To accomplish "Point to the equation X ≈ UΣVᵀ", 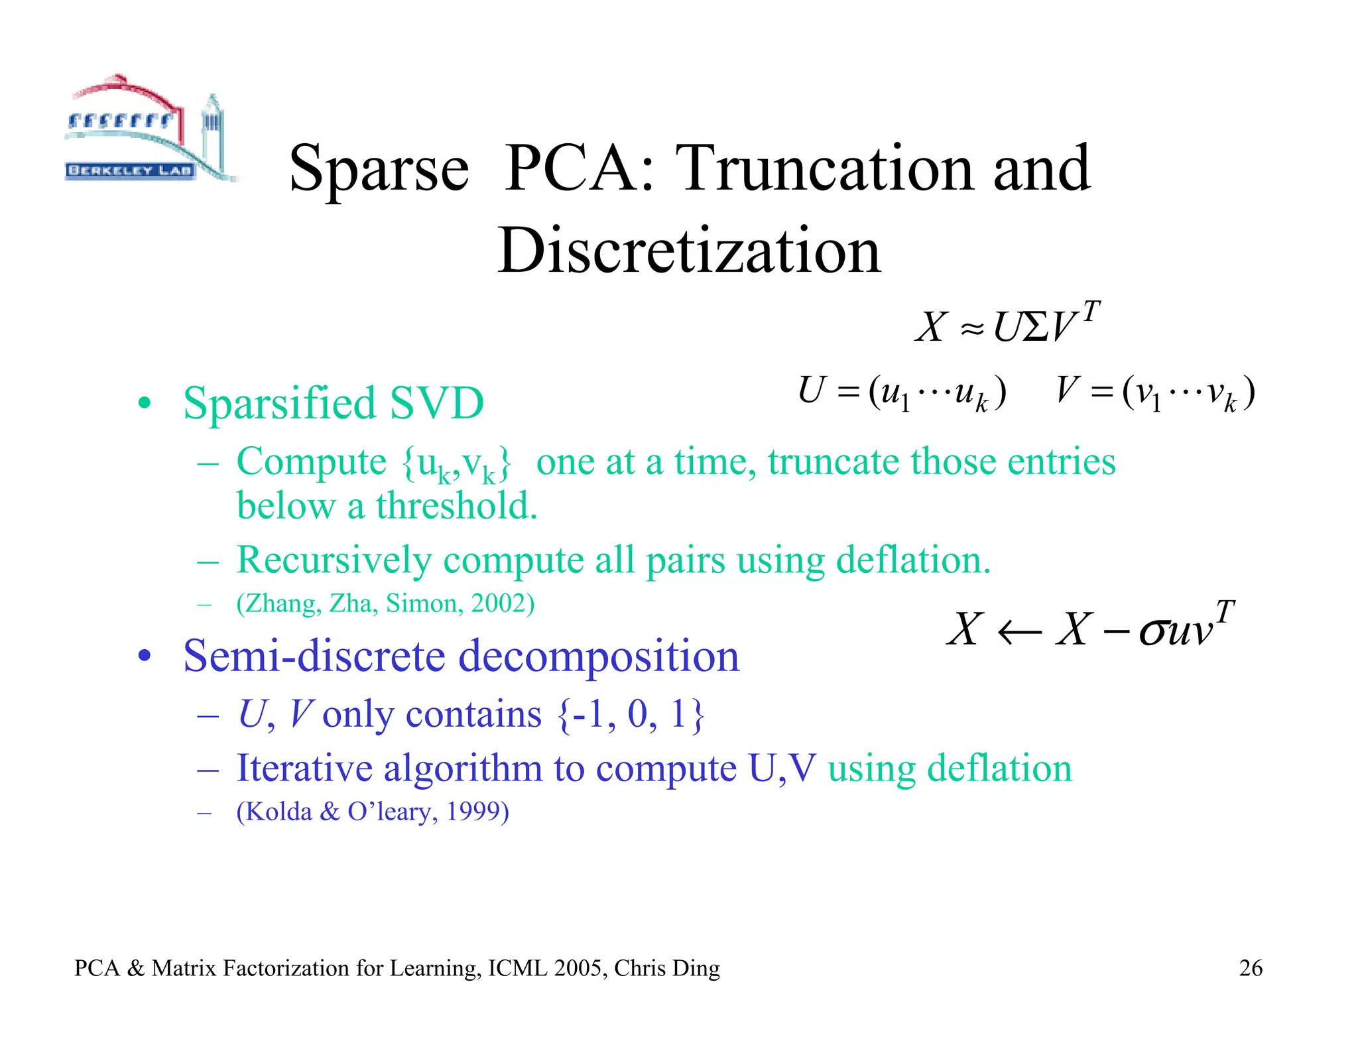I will [x=1007, y=323].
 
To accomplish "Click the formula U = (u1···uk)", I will [x=902, y=392].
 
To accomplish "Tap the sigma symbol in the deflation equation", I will [x=1153, y=632].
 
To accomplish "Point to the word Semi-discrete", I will [x=314, y=656].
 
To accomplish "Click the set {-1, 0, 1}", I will [x=631, y=715].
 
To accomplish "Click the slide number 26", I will [x=1251, y=968].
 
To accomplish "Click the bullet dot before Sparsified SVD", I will [x=145, y=403].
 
